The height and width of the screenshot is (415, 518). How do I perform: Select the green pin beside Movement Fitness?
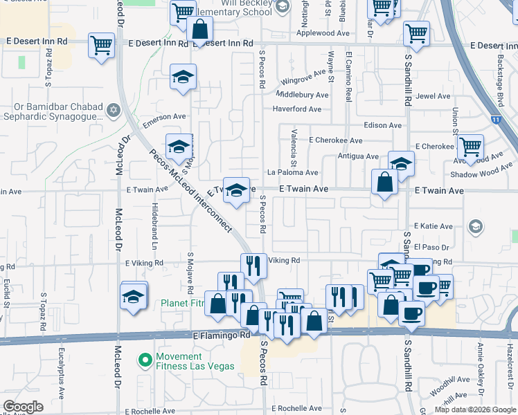145,360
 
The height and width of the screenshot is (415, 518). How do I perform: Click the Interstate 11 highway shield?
494,119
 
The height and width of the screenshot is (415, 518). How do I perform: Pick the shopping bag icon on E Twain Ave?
384,183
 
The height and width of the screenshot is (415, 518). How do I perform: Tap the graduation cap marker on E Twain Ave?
236,190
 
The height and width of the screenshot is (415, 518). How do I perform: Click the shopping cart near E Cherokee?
470,147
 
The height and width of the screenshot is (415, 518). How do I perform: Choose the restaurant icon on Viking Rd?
253,264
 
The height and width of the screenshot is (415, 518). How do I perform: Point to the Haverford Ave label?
296,109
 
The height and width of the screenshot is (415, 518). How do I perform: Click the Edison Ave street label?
384,125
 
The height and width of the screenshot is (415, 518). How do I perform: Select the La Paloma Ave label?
292,172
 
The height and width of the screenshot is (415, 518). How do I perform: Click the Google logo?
24,406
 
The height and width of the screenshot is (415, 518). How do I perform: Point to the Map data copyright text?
474,409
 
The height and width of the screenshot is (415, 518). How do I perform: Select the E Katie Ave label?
433,226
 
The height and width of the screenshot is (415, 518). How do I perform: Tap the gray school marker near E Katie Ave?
475,227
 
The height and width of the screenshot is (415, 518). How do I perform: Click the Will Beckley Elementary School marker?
282,8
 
